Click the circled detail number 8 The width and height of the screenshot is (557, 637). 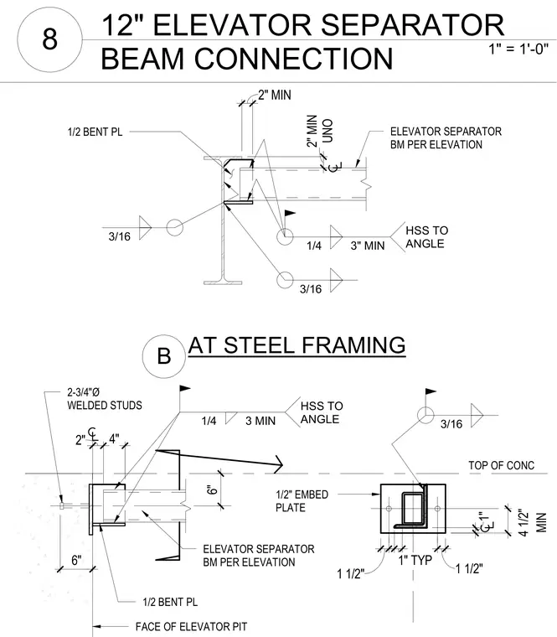coord(49,39)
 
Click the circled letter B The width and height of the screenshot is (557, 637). coord(163,356)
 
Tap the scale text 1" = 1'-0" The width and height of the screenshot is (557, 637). coord(518,49)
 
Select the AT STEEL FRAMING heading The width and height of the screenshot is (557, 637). coord(297,345)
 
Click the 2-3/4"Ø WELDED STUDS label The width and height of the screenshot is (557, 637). coord(105,399)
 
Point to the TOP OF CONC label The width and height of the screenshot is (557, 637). coord(502,465)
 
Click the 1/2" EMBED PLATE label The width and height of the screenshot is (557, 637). coord(302,501)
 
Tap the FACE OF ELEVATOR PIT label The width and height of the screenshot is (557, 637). coord(191,626)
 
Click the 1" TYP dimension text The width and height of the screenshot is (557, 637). coord(415,560)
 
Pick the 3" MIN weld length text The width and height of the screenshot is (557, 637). coord(368,246)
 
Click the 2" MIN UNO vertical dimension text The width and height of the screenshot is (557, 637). coord(319,131)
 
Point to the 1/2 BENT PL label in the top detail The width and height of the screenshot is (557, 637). coord(95,132)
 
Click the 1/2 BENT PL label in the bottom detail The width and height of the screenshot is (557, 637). coord(170,602)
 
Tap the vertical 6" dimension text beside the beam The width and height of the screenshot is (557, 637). coord(212,489)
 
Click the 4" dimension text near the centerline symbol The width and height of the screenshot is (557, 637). coord(114,438)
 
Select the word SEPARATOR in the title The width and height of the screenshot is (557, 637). coord(412,25)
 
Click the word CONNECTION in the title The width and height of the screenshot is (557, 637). coord(293,59)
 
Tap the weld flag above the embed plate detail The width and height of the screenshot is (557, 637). coord(430,392)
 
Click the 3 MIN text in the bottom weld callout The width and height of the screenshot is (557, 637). coord(260,421)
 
